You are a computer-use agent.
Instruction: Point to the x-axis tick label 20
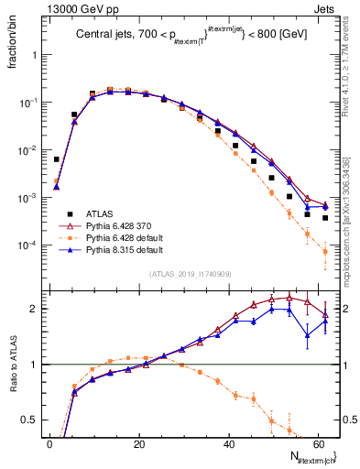tap(138, 443)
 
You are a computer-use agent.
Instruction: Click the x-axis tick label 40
tap(228, 443)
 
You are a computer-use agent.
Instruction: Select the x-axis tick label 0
tap(49, 443)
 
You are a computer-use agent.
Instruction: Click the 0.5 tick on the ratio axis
tap(30, 420)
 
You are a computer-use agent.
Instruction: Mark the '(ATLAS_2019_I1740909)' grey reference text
tap(190, 274)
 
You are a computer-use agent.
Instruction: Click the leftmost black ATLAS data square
tap(57, 159)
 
